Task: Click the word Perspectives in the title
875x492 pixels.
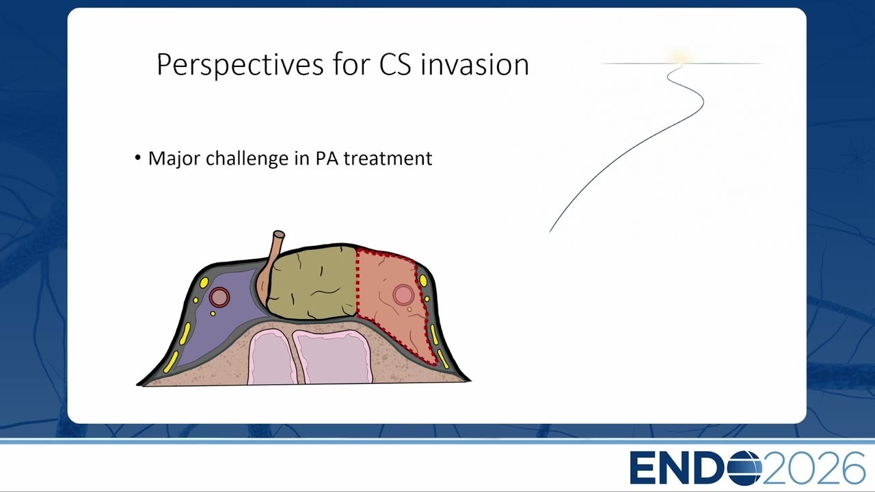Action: coord(240,64)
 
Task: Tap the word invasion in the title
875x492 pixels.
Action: coord(475,64)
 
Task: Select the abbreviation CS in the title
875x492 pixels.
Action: coord(395,65)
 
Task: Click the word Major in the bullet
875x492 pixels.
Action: coord(174,159)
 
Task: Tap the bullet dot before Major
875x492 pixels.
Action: coord(137,158)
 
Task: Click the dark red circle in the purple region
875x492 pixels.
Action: coord(219,297)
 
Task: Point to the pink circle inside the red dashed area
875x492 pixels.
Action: coord(403,295)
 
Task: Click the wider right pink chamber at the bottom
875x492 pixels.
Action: coord(333,356)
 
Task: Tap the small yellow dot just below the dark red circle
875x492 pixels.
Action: coord(213,314)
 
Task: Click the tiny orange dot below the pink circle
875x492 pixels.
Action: coord(409,310)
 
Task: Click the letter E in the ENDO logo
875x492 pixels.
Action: coord(643,468)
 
